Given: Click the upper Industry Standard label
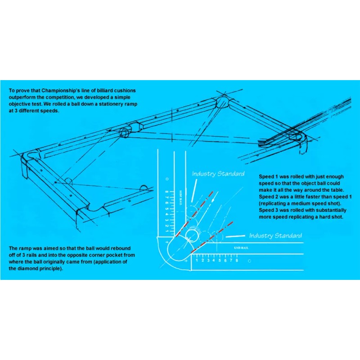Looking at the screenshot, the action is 218,174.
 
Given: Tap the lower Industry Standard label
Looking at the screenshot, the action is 275,235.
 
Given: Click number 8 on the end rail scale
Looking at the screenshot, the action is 237,261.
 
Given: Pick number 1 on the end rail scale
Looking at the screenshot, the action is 197,261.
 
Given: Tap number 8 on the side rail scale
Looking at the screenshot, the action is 167,191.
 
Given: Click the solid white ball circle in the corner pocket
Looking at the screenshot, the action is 193,235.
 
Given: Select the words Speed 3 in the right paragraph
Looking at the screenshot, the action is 268,210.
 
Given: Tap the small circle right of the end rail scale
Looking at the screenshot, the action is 249,261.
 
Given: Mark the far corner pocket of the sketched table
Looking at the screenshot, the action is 224,102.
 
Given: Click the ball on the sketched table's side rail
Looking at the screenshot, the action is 68,181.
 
